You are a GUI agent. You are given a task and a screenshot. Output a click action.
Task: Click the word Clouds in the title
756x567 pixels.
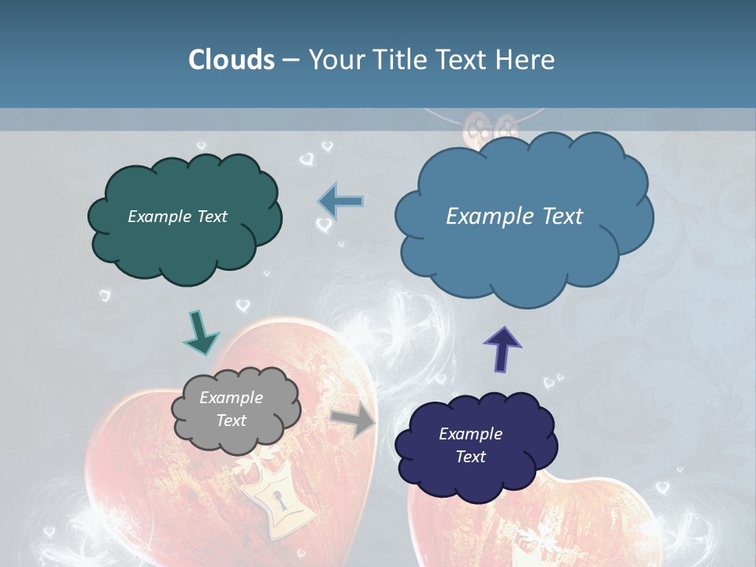[x=231, y=60]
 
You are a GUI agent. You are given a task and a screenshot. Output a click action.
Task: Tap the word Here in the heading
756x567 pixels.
[x=527, y=60]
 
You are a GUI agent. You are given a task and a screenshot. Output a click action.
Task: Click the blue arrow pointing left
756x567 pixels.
[x=340, y=202]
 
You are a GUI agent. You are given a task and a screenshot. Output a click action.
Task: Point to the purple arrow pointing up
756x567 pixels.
[x=503, y=348]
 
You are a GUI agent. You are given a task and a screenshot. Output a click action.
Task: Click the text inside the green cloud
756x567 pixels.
[x=177, y=217]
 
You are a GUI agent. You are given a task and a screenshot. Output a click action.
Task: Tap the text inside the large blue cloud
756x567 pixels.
[x=514, y=217]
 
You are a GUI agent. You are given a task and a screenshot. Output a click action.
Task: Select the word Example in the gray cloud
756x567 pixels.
[x=231, y=398]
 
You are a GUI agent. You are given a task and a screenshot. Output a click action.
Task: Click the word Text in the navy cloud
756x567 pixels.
[x=470, y=457]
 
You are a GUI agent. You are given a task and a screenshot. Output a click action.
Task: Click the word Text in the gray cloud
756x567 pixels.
[x=231, y=421]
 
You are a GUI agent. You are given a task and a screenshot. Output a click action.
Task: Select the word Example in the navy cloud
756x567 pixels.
[x=470, y=434]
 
